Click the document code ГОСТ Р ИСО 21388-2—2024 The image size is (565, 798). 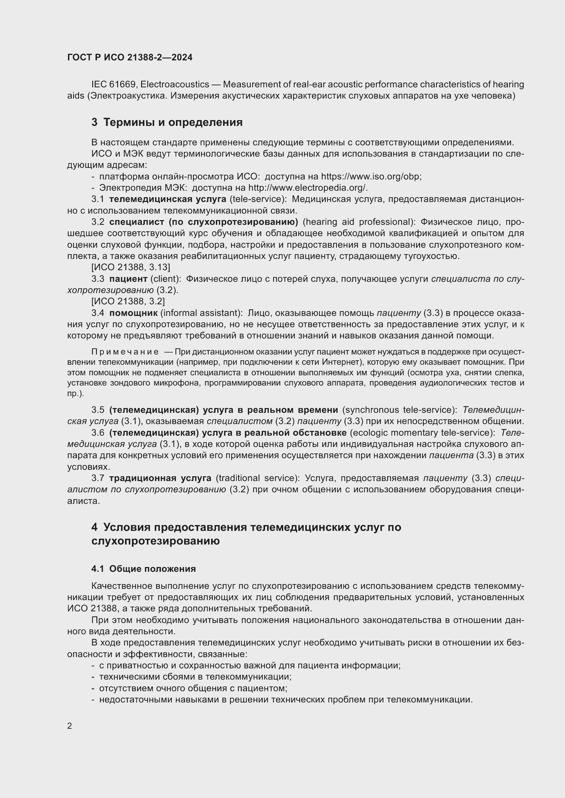(x=130, y=57)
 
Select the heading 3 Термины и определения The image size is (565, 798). (x=167, y=122)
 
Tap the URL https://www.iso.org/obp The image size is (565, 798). (x=371, y=177)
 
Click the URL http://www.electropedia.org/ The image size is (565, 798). (x=307, y=188)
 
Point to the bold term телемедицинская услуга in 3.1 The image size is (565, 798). (x=167, y=199)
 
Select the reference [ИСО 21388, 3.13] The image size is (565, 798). (x=131, y=267)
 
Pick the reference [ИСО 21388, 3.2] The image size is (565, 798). (x=128, y=301)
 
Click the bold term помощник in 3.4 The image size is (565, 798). (x=133, y=313)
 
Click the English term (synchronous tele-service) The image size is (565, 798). (x=400, y=410)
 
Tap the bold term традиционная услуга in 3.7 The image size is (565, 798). (x=160, y=478)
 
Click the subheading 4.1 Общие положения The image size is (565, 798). (x=143, y=569)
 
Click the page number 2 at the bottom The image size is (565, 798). (x=70, y=726)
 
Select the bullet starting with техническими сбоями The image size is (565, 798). (x=195, y=677)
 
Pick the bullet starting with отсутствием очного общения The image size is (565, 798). (x=193, y=688)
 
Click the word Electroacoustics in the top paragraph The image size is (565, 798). (x=175, y=85)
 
